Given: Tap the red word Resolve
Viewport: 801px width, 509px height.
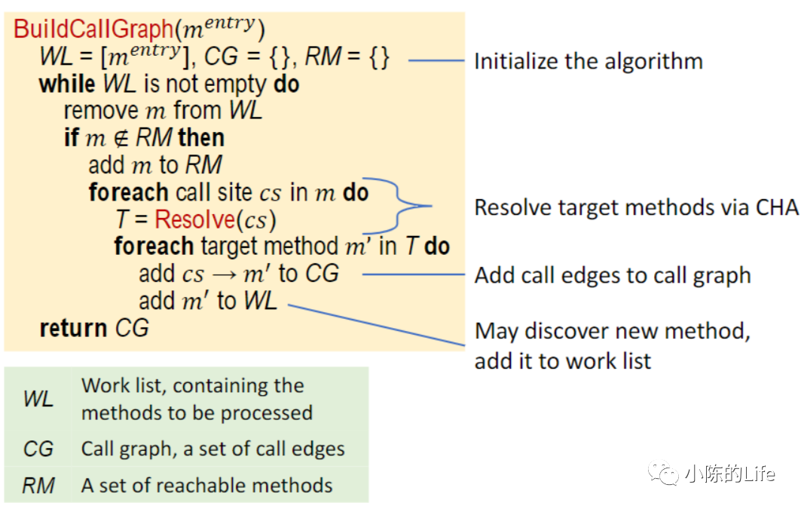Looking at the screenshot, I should point(194,219).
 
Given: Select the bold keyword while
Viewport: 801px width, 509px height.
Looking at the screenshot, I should point(67,84).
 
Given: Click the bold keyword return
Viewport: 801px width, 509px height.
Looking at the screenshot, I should point(73,328).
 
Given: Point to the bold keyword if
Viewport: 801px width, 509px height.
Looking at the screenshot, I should point(71,138).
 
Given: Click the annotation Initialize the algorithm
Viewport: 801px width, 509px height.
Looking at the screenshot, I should point(588,61).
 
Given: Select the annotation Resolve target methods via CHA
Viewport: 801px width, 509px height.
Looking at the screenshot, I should point(636,207).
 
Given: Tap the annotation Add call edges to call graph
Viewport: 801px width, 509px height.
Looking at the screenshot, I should point(613,275).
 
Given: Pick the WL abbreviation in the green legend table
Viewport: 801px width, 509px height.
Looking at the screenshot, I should point(38,399).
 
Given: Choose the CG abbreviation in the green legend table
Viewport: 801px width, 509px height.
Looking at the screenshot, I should point(38,449).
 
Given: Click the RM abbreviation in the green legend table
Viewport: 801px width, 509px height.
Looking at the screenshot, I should point(38,485).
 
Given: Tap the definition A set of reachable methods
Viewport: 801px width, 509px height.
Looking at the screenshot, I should point(206,485).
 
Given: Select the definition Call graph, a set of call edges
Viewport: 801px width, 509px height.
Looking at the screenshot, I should point(212,449).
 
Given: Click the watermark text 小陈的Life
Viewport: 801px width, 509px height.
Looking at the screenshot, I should point(729,474).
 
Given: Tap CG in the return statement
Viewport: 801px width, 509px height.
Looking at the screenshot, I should point(132,328).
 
